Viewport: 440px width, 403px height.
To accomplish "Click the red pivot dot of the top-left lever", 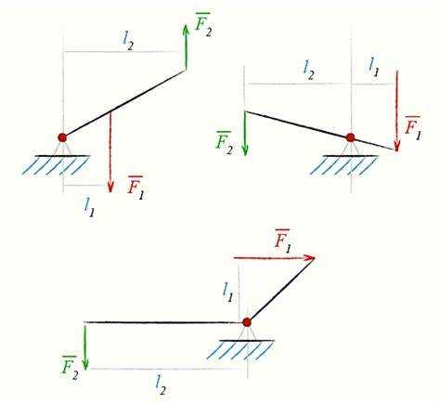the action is pyautogui.click(x=62, y=137).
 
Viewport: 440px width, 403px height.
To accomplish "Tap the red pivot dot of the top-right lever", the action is pyautogui.click(x=350, y=137).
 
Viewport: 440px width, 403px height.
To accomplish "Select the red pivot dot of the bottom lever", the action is pyautogui.click(x=247, y=322).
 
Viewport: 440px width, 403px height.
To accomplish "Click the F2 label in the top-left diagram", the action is pyautogui.click(x=203, y=25).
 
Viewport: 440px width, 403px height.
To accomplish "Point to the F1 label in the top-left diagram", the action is pyautogui.click(x=136, y=188).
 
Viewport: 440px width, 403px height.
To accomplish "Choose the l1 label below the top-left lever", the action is pyautogui.click(x=89, y=207).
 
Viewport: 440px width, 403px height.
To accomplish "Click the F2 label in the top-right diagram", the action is pyautogui.click(x=224, y=143).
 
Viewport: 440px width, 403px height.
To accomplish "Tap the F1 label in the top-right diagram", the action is pyautogui.click(x=413, y=128).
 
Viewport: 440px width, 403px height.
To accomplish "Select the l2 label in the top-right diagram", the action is pyautogui.click(x=309, y=71).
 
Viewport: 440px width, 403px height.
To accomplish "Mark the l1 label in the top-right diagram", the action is pyautogui.click(x=373, y=67).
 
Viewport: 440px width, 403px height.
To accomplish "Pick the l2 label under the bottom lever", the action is pyautogui.click(x=161, y=384).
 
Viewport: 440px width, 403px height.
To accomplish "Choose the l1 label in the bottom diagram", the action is pyautogui.click(x=228, y=292).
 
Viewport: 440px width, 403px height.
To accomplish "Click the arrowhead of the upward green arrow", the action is pyautogui.click(x=186, y=31).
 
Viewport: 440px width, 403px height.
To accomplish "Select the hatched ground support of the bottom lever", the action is pyautogui.click(x=240, y=350).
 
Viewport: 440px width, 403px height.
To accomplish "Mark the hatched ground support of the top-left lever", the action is pyautogui.click(x=56, y=165).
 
